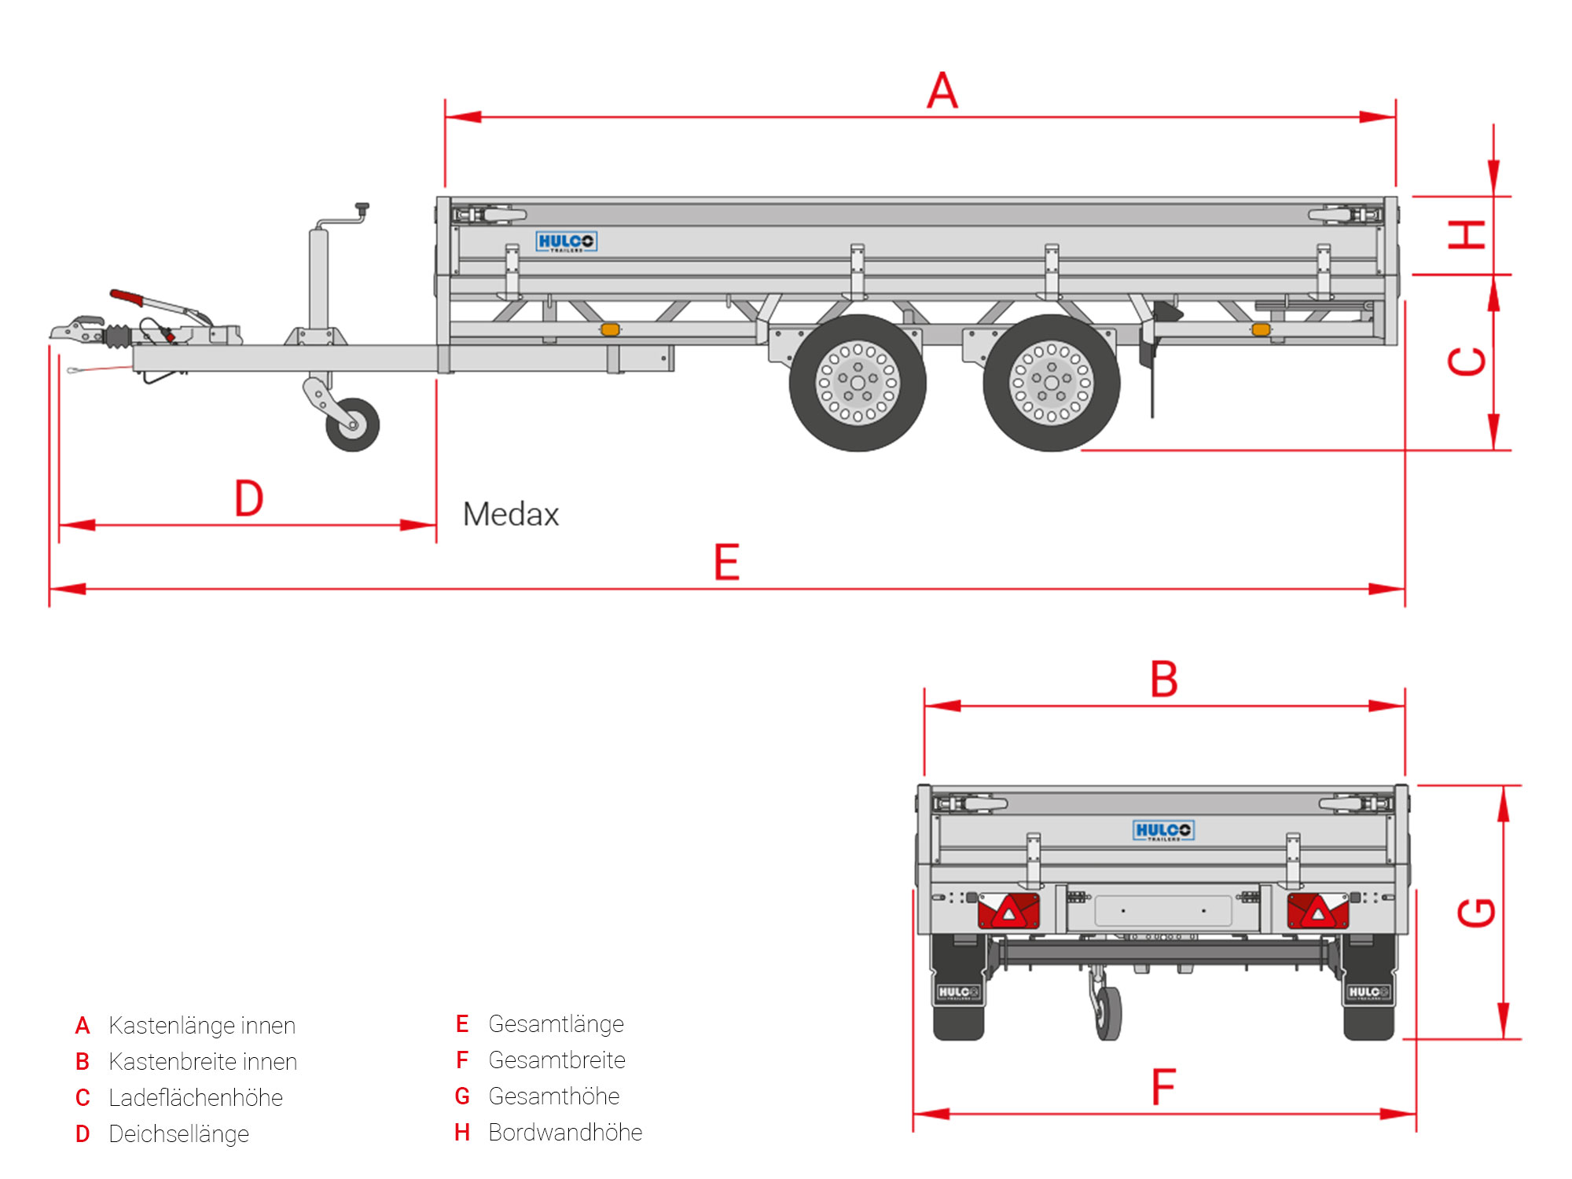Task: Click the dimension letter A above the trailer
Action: tap(942, 91)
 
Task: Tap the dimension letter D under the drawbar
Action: tap(249, 498)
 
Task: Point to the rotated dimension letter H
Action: tap(1467, 234)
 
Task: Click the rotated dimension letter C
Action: tap(1467, 362)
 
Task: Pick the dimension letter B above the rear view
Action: tap(1164, 679)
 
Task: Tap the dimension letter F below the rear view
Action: tap(1163, 1087)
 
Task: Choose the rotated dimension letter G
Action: tap(1475, 913)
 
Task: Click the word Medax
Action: tap(511, 515)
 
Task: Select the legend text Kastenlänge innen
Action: tap(202, 1026)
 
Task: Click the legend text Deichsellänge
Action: tap(178, 1134)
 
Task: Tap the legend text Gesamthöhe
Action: tap(554, 1096)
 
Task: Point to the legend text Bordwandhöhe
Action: tap(565, 1133)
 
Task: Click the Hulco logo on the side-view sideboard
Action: tap(566, 241)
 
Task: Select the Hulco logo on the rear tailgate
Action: tap(1163, 830)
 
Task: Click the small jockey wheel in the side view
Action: tap(352, 424)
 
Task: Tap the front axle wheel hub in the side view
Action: tap(858, 383)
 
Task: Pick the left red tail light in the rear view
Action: tap(1008, 911)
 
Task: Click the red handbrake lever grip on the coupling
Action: tap(127, 298)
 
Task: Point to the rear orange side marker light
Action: tap(1261, 329)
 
